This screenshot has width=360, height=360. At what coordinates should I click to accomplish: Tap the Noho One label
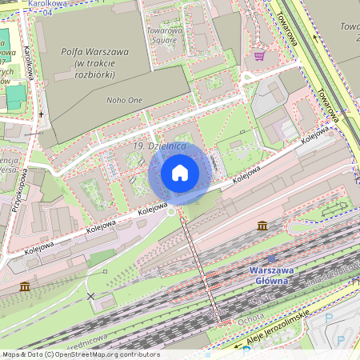click(x=125, y=100)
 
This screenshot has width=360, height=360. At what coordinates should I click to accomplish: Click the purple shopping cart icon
click(x=259, y=55)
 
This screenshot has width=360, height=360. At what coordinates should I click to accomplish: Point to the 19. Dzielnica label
click(x=160, y=146)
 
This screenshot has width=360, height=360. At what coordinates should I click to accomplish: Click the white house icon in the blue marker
click(x=180, y=173)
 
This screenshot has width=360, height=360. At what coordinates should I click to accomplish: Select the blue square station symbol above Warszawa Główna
click(x=272, y=259)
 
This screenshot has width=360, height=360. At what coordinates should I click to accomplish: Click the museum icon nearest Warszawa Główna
click(x=262, y=226)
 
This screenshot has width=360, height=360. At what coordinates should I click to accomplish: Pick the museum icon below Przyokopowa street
click(x=25, y=286)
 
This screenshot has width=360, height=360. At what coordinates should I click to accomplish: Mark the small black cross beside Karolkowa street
click(x=42, y=114)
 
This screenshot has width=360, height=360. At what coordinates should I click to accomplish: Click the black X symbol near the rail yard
click(x=90, y=296)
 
